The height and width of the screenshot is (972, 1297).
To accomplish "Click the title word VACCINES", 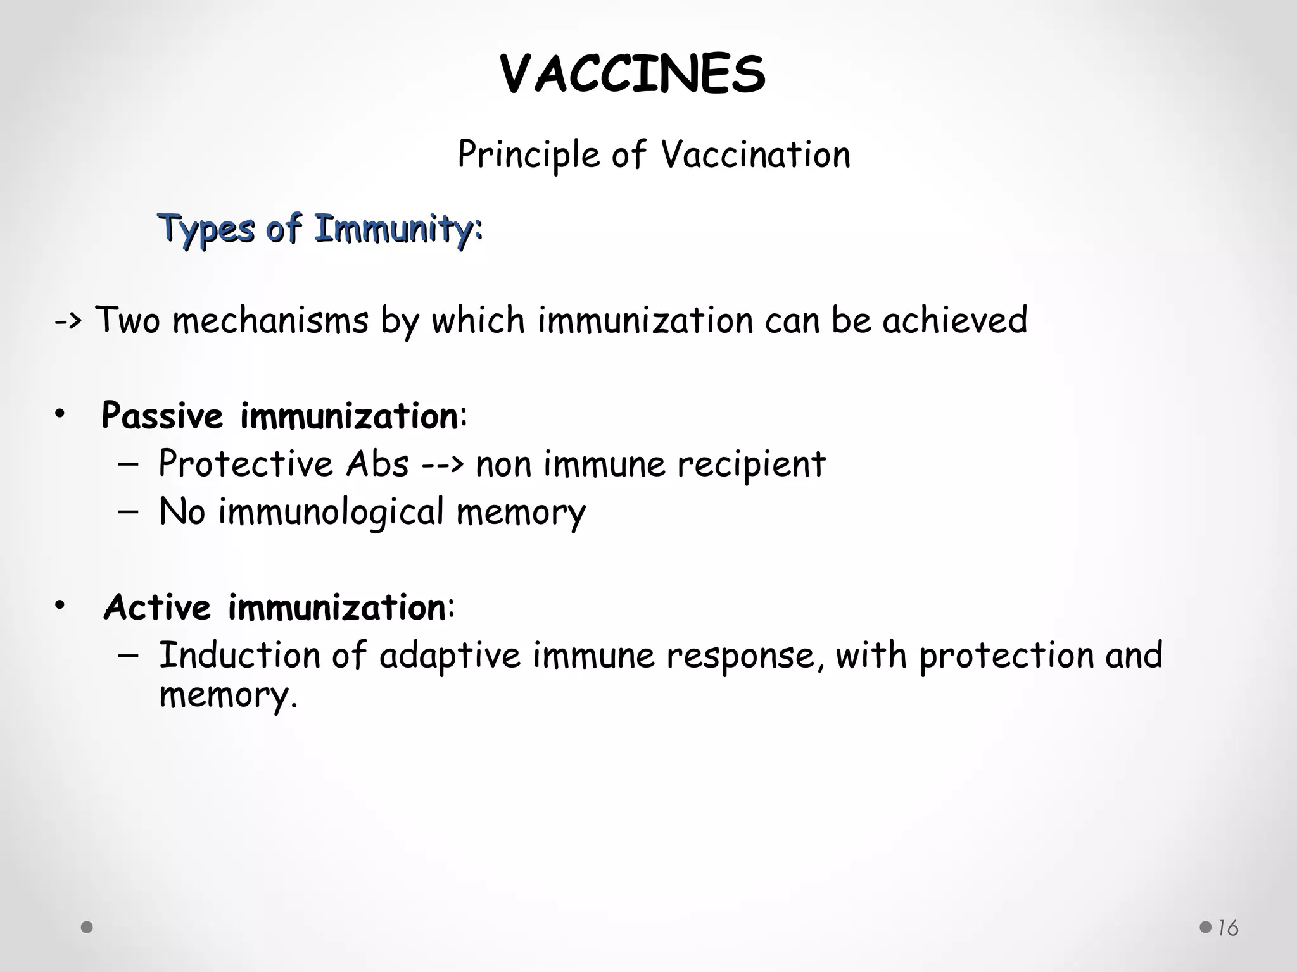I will (633, 75).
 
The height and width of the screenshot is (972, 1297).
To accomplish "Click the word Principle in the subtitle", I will (528, 155).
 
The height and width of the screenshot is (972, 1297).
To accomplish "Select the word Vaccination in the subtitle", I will (755, 155).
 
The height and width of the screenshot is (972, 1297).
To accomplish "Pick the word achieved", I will (954, 320).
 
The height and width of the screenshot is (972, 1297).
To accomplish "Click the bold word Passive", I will (162, 416).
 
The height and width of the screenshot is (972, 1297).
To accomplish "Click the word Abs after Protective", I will (377, 464).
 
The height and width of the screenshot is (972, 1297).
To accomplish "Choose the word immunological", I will (331, 512).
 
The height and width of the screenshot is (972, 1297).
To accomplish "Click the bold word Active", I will (157, 607).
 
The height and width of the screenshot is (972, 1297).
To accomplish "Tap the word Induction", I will (239, 656).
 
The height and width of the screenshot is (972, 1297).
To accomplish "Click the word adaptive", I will (450, 656).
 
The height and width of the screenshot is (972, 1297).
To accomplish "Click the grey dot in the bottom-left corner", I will (87, 928).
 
